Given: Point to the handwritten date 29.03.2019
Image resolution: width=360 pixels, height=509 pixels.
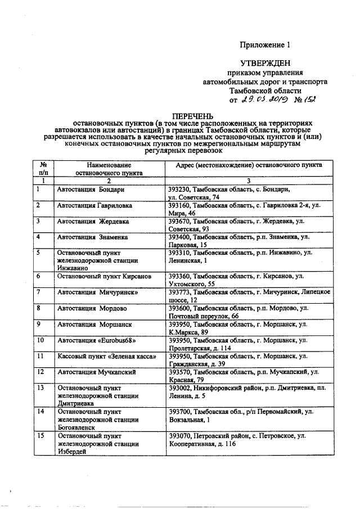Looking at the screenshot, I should pos(264,100).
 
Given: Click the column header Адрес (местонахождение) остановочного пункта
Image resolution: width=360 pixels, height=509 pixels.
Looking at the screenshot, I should pos(249,166).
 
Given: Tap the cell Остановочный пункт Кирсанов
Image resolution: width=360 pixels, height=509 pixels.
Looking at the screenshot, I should pos(96,277).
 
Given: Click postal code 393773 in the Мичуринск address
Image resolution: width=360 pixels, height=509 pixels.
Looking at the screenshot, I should pos(181,292).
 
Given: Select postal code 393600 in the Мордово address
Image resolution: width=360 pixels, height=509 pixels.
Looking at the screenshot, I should pos(181,308).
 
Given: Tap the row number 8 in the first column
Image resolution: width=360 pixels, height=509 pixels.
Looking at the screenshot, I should pos(38,308).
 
